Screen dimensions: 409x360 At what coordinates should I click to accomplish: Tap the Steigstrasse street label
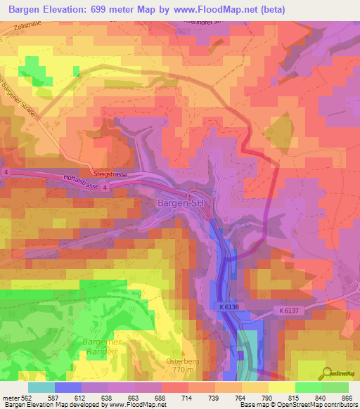pyautogui.click(x=107, y=171)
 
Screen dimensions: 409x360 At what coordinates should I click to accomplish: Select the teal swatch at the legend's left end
pyautogui.click(x=41, y=387)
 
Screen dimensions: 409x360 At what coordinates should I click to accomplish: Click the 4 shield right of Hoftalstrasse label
pyautogui.click(x=103, y=187)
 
